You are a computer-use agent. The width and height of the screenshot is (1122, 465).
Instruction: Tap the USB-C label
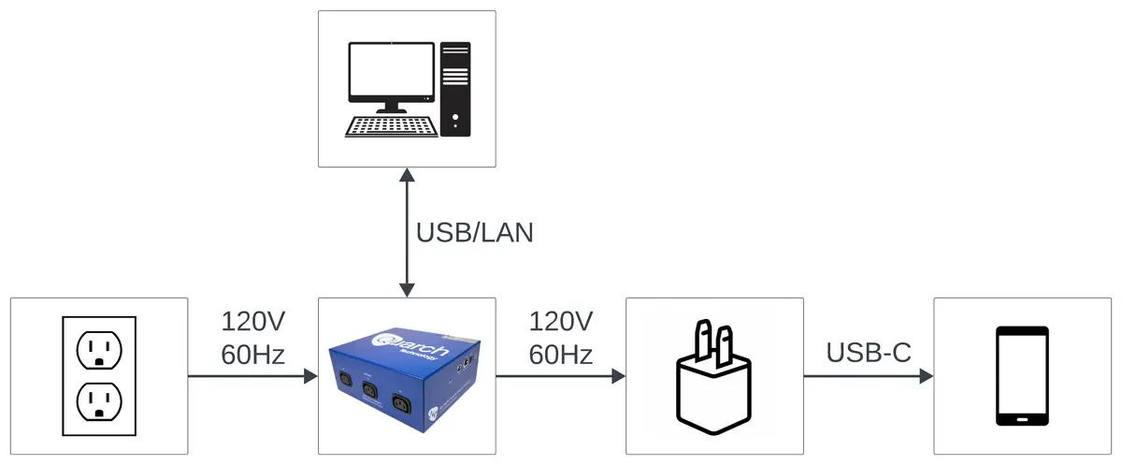(x=869, y=354)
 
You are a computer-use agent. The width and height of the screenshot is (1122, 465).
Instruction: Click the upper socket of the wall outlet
(x=98, y=352)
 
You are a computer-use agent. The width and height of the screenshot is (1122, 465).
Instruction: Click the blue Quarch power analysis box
(x=406, y=375)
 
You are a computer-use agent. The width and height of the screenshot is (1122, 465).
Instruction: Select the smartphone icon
(x=1021, y=376)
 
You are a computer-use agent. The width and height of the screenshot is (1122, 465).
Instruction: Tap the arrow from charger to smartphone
(x=869, y=376)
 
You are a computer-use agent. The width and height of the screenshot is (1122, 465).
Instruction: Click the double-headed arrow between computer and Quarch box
(x=407, y=233)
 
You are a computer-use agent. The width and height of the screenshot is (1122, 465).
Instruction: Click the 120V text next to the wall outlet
(x=252, y=322)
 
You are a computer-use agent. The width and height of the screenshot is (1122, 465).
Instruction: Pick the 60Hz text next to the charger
(x=561, y=355)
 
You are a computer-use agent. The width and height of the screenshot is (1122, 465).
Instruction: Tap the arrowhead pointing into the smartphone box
(x=926, y=376)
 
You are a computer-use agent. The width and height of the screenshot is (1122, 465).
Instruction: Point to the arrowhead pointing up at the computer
(x=407, y=176)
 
